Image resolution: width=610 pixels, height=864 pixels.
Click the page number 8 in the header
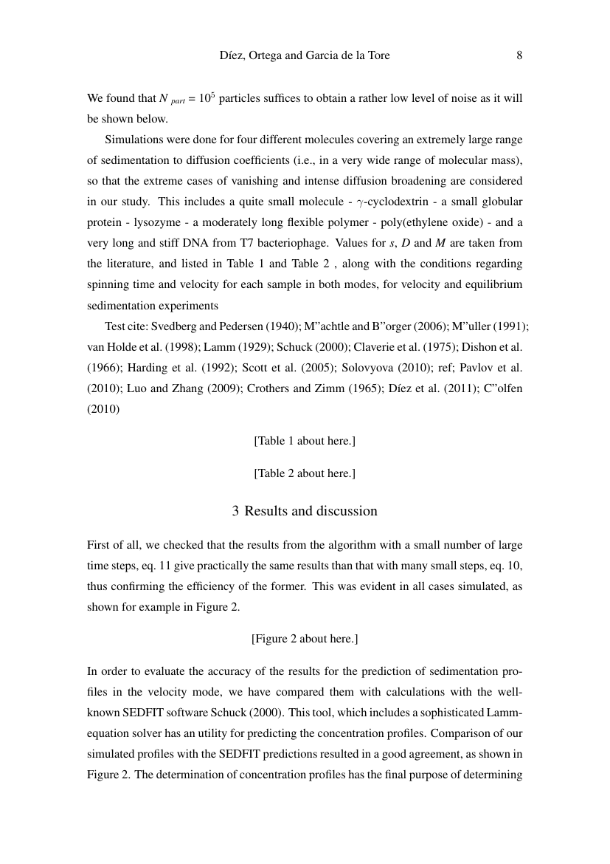pos(519,55)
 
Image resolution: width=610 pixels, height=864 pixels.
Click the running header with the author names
pos(305,55)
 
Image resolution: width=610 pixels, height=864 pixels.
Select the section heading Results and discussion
pos(305,511)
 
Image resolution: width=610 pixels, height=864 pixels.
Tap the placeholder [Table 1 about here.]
pos(305,441)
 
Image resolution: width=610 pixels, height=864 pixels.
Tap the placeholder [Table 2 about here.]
pos(305,473)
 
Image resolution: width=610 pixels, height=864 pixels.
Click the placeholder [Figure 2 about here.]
pos(305,638)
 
